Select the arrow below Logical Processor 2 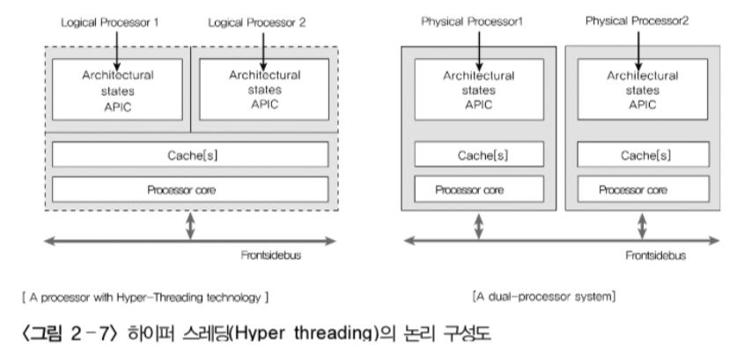coord(262,43)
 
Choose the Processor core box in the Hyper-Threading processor coord(190,189)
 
